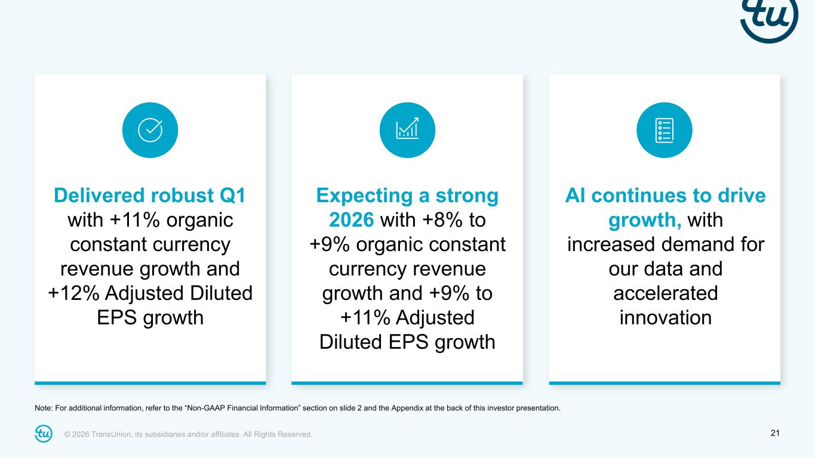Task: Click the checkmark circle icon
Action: pos(150,130)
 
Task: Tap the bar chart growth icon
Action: pos(407,130)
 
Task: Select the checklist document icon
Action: pos(665,130)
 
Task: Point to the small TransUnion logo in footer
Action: pos(44,434)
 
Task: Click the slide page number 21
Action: pos(776,433)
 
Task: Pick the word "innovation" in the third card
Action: pos(665,317)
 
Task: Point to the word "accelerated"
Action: pos(665,293)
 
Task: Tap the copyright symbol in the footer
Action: pos(67,434)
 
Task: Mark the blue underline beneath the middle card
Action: pos(407,383)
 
